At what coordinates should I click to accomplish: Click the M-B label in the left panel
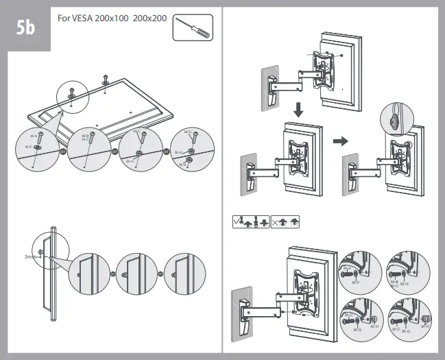[x=85, y=136]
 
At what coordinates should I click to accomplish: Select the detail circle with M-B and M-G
[x=405, y=269]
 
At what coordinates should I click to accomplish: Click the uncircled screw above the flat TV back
[x=105, y=77]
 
